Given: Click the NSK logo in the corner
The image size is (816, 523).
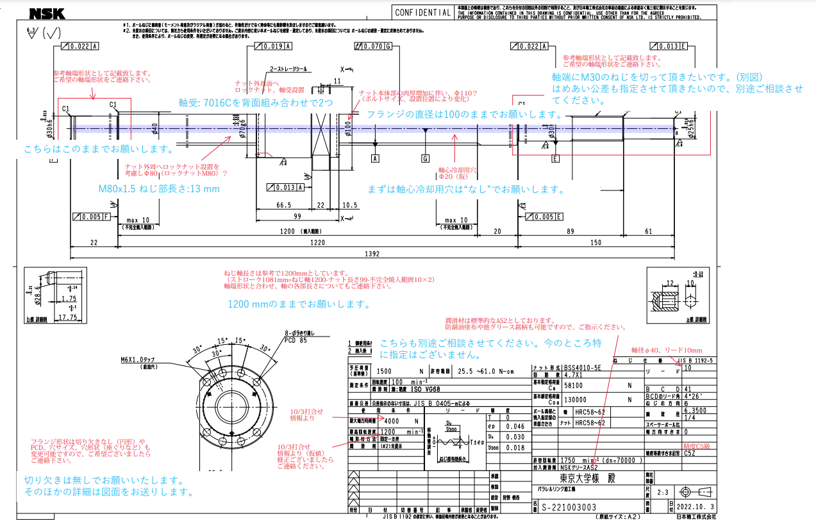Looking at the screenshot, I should coord(24,12).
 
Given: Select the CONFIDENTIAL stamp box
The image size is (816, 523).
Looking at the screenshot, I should coord(422,13).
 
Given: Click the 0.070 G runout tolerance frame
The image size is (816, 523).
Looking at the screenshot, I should coord(372,46).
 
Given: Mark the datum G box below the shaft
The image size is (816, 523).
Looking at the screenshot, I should coord(425,158).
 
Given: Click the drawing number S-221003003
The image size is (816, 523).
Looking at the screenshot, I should coord(569,507).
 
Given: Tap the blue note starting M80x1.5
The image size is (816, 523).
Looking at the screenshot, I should coord(159,189).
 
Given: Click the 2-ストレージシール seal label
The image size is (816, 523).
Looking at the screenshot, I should coord(288,69).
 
